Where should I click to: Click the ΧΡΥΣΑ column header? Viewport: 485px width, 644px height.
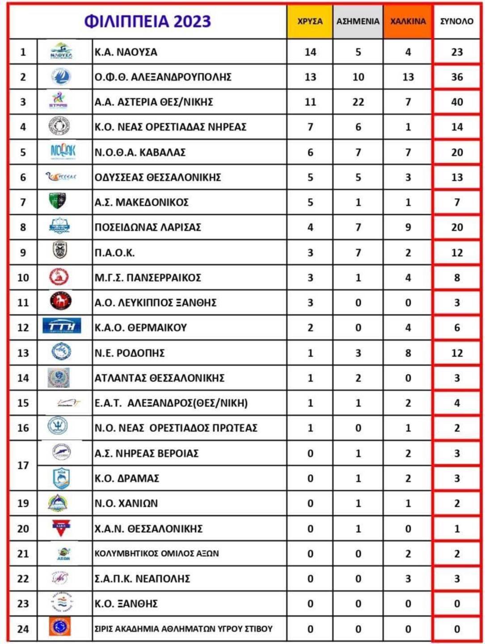310,21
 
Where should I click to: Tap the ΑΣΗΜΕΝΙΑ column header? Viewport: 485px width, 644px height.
358,21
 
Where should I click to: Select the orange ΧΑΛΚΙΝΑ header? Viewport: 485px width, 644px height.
408,21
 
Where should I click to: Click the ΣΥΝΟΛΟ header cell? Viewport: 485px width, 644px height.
456,21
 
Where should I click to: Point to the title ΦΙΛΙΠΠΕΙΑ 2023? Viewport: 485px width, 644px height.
148,21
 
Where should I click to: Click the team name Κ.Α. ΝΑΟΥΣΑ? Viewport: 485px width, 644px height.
126,52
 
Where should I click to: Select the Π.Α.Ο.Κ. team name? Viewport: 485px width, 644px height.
114,253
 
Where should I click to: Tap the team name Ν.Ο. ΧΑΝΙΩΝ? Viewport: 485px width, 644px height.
126,503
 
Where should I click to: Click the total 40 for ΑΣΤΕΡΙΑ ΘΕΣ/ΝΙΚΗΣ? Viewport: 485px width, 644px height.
457,102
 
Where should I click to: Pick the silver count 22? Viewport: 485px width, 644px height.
358,102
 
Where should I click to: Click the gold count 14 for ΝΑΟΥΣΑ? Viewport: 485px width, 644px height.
310,52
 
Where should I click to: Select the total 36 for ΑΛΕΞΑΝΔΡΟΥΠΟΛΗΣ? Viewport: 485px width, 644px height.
457,77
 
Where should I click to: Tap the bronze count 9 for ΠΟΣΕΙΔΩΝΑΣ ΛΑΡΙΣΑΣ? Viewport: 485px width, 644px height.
408,227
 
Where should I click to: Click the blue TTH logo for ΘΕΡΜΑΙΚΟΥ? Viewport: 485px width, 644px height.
62,326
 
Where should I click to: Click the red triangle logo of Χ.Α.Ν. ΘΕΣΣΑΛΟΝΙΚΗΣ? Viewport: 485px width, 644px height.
60,528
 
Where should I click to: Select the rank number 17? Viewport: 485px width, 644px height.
23,466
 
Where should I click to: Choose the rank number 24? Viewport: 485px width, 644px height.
23,629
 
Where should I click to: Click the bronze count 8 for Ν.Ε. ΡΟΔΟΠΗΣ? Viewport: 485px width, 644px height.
408,353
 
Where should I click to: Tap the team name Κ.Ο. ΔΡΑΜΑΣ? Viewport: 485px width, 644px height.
127,478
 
